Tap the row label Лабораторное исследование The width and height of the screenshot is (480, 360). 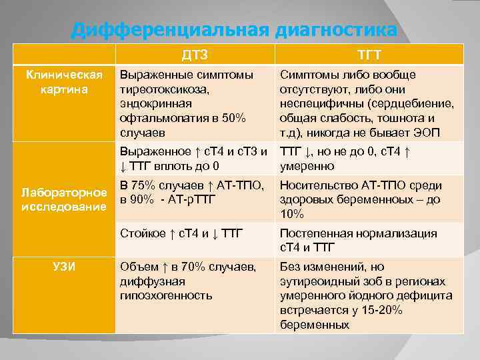click(63, 199)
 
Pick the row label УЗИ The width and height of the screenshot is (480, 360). click(63, 267)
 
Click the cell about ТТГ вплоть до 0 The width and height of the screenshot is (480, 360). click(193, 158)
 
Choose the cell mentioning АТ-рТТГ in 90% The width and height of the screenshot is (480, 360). click(193, 192)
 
